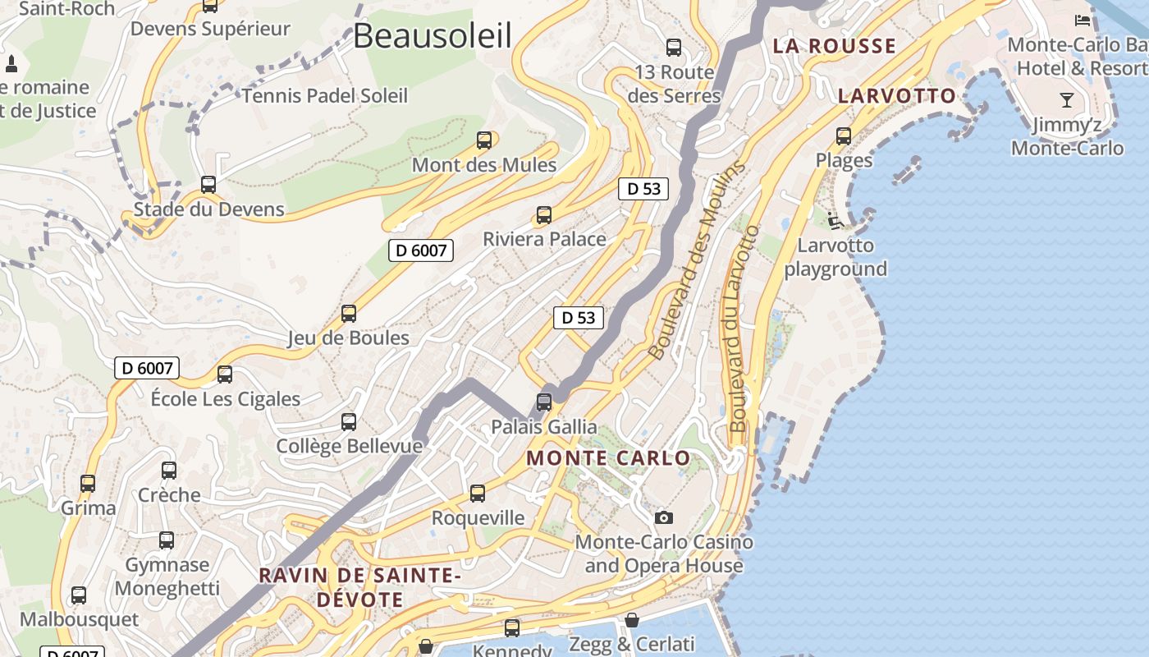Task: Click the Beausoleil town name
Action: coord(433,36)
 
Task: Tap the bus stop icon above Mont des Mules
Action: coord(484,140)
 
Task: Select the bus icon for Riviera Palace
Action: coord(543,215)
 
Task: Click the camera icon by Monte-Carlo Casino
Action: coord(664,517)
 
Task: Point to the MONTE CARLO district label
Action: coord(608,458)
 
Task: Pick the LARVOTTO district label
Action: coord(897,96)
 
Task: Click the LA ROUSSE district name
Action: coord(834,46)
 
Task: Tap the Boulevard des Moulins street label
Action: coord(697,260)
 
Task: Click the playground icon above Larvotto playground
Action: coord(835,220)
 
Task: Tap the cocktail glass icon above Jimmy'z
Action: coord(1066,101)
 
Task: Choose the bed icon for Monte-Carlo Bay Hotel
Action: coord(1083,20)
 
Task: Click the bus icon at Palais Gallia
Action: coord(543,402)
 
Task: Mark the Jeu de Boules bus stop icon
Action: coord(349,314)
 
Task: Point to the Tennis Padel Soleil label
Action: coord(324,96)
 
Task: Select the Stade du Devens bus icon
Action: coord(208,185)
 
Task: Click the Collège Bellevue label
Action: coord(349,446)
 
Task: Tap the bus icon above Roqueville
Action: coord(478,494)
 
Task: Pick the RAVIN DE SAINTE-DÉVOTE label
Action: coord(359,587)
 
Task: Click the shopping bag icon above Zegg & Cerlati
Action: coord(632,620)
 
